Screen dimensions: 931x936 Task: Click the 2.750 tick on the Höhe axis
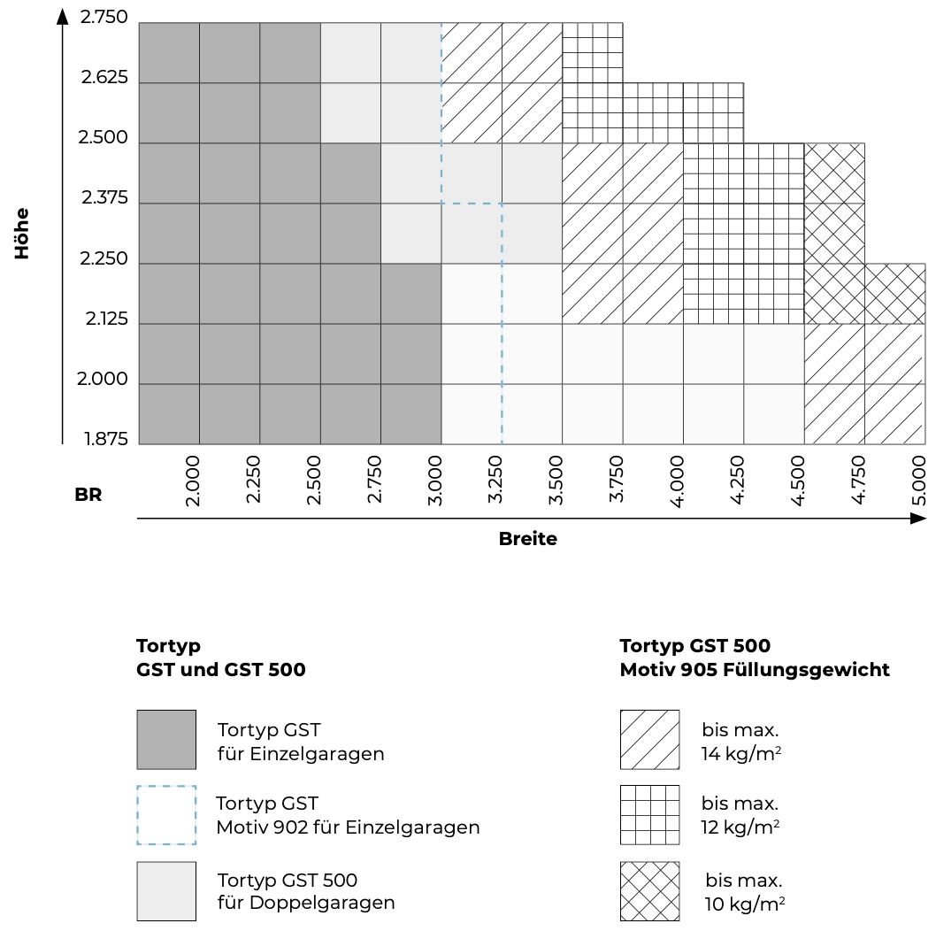(104, 17)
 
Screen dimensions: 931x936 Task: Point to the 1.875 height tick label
(106, 440)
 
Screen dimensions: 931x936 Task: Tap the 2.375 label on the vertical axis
(104, 198)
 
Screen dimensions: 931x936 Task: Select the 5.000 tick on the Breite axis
(920, 481)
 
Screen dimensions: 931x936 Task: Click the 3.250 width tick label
(495, 481)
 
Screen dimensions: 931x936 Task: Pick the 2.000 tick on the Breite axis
(193, 481)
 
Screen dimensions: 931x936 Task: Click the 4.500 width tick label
(799, 481)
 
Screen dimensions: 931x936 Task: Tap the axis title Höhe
(22, 234)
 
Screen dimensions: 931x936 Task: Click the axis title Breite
(528, 538)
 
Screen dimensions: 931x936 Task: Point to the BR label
(88, 496)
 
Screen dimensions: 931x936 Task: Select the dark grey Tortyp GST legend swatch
(166, 739)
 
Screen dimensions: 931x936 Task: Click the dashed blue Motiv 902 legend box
(166, 815)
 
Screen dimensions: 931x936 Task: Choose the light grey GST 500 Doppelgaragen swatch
(166, 891)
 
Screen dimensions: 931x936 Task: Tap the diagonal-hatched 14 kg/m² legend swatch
(650, 739)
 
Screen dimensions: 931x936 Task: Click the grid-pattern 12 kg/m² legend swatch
(650, 815)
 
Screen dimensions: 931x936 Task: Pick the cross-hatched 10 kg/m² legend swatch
(650, 891)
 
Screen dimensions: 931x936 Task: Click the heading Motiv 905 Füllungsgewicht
(755, 670)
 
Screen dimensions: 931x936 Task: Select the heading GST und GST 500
(221, 670)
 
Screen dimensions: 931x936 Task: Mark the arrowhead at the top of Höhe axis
(62, 16)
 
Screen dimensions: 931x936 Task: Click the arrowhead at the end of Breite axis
(919, 519)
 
